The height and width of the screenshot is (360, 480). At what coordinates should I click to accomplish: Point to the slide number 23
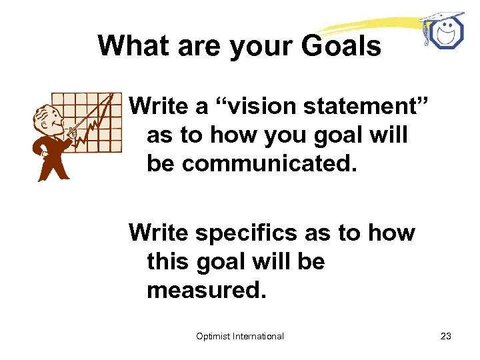pos(446,336)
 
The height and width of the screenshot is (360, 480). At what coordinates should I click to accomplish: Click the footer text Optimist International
pos(240,336)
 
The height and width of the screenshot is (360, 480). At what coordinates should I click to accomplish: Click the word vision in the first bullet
pos(257,105)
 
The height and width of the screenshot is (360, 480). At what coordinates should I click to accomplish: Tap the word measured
pos(206,291)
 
